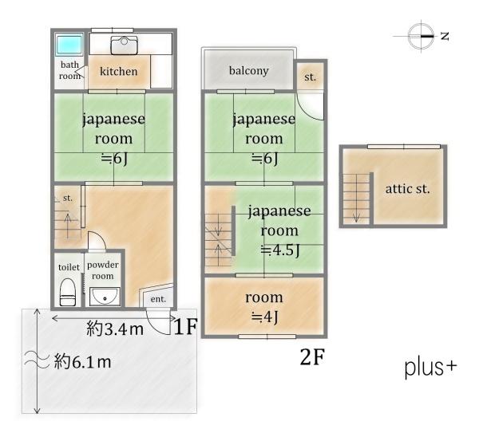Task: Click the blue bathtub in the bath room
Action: coord(69,44)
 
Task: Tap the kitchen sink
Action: coord(124,45)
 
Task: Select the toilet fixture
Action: coord(68,292)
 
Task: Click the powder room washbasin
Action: coord(105,297)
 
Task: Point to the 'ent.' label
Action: coord(158,299)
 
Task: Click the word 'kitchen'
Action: coord(118,71)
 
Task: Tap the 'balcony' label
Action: coord(248,70)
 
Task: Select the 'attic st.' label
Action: coord(407,188)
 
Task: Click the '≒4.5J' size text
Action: coord(280,250)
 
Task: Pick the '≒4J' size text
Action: coord(264,317)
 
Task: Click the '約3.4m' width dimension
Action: coord(115,329)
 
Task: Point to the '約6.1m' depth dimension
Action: coord(82,362)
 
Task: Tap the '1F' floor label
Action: coord(186,326)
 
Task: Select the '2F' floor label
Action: coord(312,356)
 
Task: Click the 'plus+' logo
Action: coord(431,368)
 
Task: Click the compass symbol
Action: coord(422,36)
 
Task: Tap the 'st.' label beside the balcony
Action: coord(310,77)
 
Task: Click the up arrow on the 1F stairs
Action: coord(68,226)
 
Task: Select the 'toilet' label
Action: coord(69,267)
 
